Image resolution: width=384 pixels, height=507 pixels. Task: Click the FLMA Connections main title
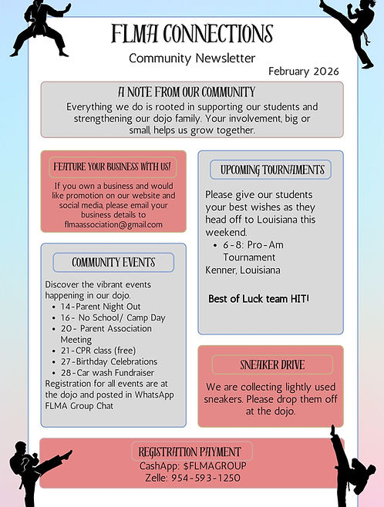[191, 34]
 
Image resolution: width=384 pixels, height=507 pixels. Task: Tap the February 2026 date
[304, 71]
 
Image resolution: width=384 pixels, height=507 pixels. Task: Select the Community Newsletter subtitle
[192, 58]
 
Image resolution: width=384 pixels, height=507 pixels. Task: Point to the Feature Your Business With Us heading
[112, 166]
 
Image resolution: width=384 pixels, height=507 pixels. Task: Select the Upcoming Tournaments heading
[272, 170]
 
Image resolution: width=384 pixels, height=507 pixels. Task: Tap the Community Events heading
[113, 262]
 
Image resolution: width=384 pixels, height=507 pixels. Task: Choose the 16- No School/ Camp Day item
[113, 317]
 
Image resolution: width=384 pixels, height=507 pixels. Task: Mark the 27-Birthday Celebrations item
[109, 361]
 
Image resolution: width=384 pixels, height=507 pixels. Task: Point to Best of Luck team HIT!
[258, 298]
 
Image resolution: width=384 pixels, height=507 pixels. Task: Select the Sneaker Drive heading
[271, 364]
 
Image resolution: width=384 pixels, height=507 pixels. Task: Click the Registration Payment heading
[190, 452]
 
